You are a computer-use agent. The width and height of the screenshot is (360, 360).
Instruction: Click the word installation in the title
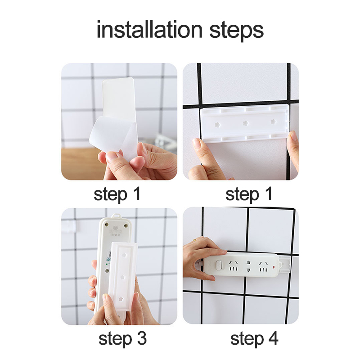149,29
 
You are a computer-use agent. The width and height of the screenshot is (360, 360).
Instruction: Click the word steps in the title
237,31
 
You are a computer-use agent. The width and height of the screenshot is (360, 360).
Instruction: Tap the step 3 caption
122,339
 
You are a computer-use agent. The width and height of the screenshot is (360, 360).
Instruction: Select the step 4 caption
254,339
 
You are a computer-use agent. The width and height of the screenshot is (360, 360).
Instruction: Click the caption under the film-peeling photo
117,194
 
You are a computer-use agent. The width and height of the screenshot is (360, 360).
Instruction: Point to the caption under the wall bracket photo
249,194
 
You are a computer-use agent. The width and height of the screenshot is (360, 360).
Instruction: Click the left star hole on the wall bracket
217,125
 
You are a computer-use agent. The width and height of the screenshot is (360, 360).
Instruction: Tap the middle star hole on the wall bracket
246,123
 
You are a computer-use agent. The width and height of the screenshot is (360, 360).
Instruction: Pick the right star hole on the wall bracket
273,121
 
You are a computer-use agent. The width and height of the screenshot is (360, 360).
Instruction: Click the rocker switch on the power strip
219,265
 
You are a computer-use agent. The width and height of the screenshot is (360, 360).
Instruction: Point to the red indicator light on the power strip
274,267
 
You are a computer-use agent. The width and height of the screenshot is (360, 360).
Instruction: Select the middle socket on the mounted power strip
248,266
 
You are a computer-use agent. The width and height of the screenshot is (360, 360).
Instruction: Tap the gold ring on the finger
195,240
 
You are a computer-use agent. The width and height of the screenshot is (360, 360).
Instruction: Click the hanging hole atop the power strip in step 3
116,216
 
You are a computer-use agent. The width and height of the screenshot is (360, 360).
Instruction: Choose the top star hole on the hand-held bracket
125,255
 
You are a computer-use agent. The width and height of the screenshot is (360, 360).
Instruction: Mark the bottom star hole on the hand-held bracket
121,299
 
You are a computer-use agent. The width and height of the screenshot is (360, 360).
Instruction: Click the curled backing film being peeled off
110,136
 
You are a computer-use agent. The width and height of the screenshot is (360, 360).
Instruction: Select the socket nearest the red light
263,267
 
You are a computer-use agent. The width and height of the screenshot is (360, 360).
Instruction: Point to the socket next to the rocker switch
234,266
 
